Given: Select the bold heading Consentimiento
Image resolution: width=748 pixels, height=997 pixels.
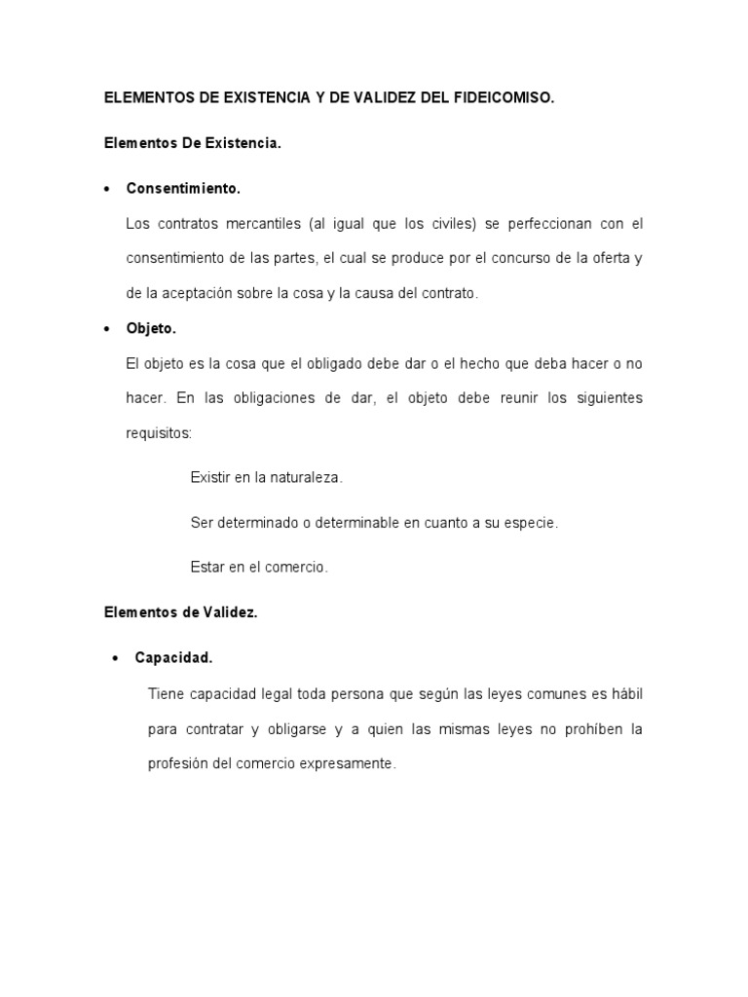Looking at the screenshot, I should point(183,188).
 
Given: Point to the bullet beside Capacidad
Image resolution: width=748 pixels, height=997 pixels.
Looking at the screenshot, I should point(115,658).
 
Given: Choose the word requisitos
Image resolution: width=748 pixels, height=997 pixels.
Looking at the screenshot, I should point(159,433).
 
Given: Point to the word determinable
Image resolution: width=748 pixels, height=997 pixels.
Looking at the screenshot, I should point(355,523).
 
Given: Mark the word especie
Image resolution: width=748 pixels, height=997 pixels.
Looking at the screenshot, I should point(530,523).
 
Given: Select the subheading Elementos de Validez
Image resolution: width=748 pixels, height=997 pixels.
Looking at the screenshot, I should point(180,612).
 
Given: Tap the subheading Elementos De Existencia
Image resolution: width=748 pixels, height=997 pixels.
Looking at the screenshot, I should point(192,143).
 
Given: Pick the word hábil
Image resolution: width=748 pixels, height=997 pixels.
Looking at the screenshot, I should point(625,694).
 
